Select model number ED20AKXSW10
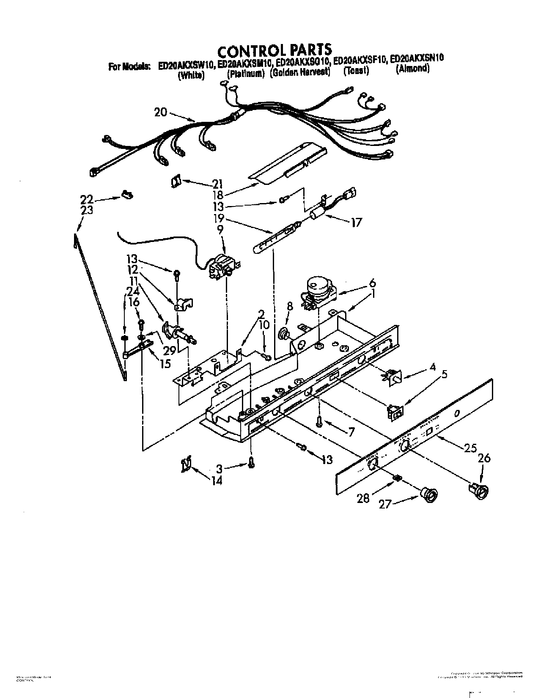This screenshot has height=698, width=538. click(186, 66)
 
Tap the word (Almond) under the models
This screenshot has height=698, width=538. click(412, 69)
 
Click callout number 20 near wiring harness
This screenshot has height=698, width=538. click(161, 112)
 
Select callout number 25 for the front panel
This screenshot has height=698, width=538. click(470, 448)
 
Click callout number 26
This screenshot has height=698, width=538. click(484, 458)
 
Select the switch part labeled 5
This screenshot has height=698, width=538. click(395, 411)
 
